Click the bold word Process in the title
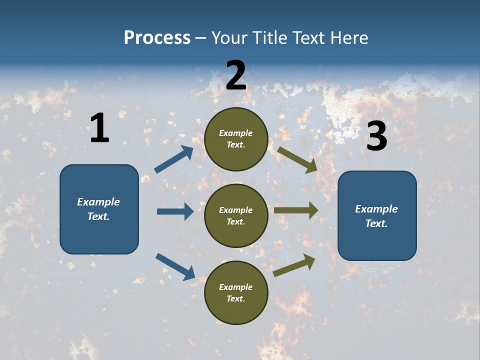(x=157, y=38)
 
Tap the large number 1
(x=99, y=128)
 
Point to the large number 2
(x=236, y=75)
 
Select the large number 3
(x=376, y=136)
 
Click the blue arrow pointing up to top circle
(x=174, y=159)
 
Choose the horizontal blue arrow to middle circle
(x=175, y=211)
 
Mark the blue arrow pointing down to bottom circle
(x=175, y=266)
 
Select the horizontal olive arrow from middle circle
(x=296, y=210)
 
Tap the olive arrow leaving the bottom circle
(x=294, y=265)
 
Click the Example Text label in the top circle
(x=236, y=139)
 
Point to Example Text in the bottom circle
(x=236, y=293)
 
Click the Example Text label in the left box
(x=98, y=209)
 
